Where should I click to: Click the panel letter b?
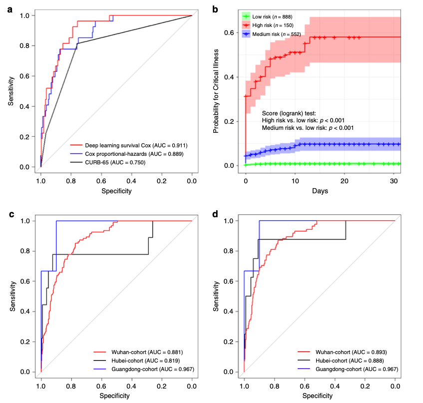[x=215, y=8]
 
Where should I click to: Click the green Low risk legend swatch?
[x=246, y=17]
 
